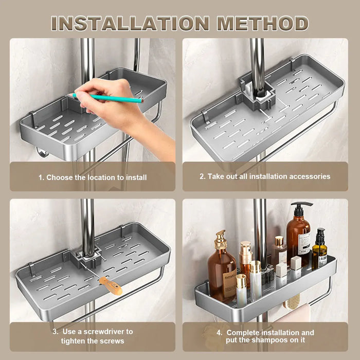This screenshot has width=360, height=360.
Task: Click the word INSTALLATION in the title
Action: click(130, 23)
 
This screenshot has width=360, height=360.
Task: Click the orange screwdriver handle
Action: click(110, 285)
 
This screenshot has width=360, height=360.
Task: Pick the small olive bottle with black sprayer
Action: click(319, 249)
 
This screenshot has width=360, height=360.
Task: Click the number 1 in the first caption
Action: click(41, 177)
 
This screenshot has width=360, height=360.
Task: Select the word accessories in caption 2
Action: click(311, 176)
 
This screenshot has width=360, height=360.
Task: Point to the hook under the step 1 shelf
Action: click(41, 152)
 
